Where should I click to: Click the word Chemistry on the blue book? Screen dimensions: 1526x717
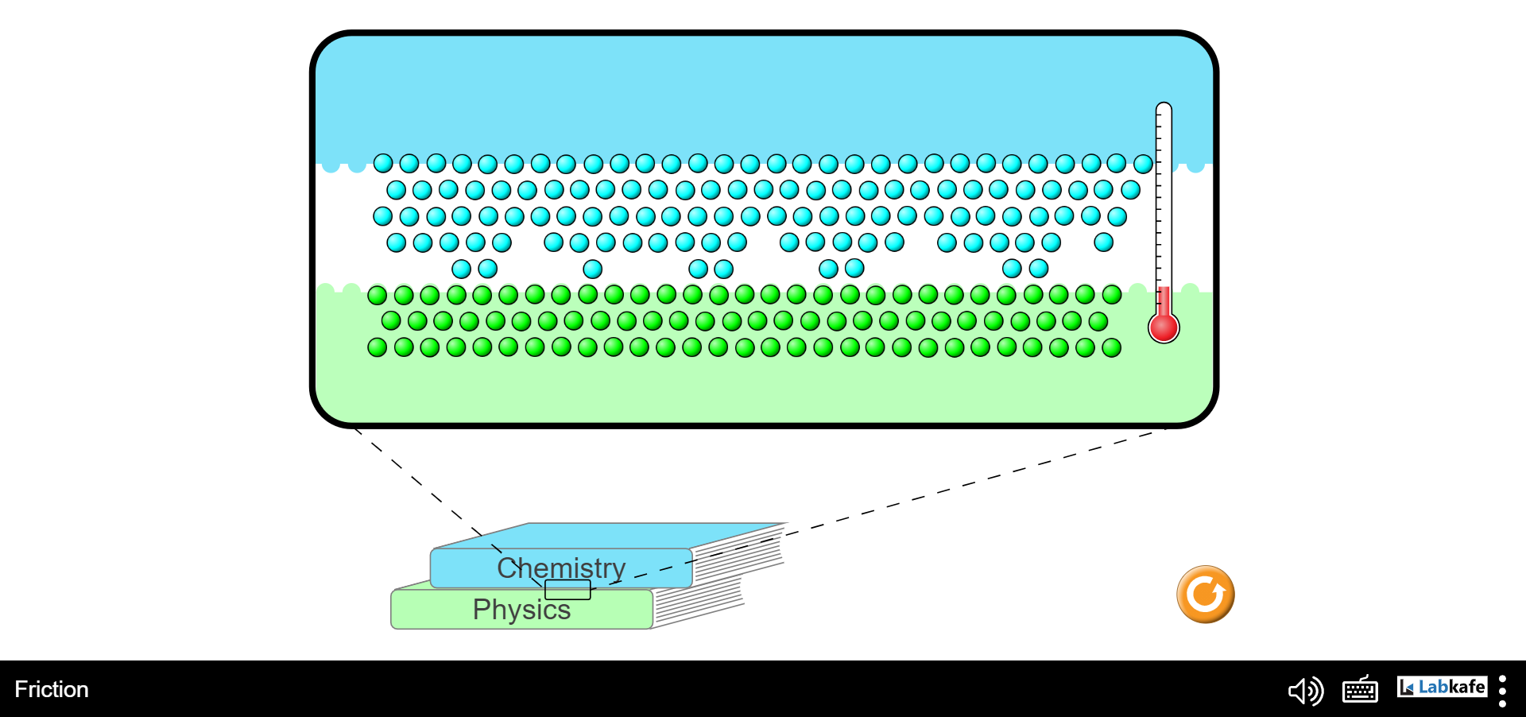tap(561, 568)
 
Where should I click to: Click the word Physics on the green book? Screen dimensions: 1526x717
tap(521, 610)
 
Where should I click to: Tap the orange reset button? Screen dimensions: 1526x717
tap(1206, 595)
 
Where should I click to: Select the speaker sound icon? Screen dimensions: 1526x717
tap(1306, 691)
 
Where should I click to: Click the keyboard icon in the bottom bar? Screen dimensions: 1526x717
tap(1360, 689)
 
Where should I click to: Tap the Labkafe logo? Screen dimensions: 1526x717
tap(1442, 687)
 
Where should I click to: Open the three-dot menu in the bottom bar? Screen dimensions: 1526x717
tap(1502, 691)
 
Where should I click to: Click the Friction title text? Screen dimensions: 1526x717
tap(52, 689)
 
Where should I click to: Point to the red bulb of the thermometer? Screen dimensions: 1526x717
tap(1164, 327)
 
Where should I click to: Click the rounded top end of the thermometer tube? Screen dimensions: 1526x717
tap(1164, 107)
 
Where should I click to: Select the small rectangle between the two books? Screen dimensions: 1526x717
tap(567, 590)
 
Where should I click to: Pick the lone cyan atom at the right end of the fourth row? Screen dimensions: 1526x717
tap(1103, 242)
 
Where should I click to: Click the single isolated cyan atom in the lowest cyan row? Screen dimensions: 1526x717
tap(592, 269)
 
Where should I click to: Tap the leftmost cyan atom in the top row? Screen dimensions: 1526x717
tap(383, 164)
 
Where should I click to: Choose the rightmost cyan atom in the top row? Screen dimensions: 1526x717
tap(1143, 164)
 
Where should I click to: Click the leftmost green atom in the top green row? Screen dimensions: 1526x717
tap(378, 296)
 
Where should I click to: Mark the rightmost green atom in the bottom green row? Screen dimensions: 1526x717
tap(1111, 347)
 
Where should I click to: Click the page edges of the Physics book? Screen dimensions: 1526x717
tap(698, 604)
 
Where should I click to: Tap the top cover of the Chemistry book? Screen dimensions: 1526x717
tap(608, 536)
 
